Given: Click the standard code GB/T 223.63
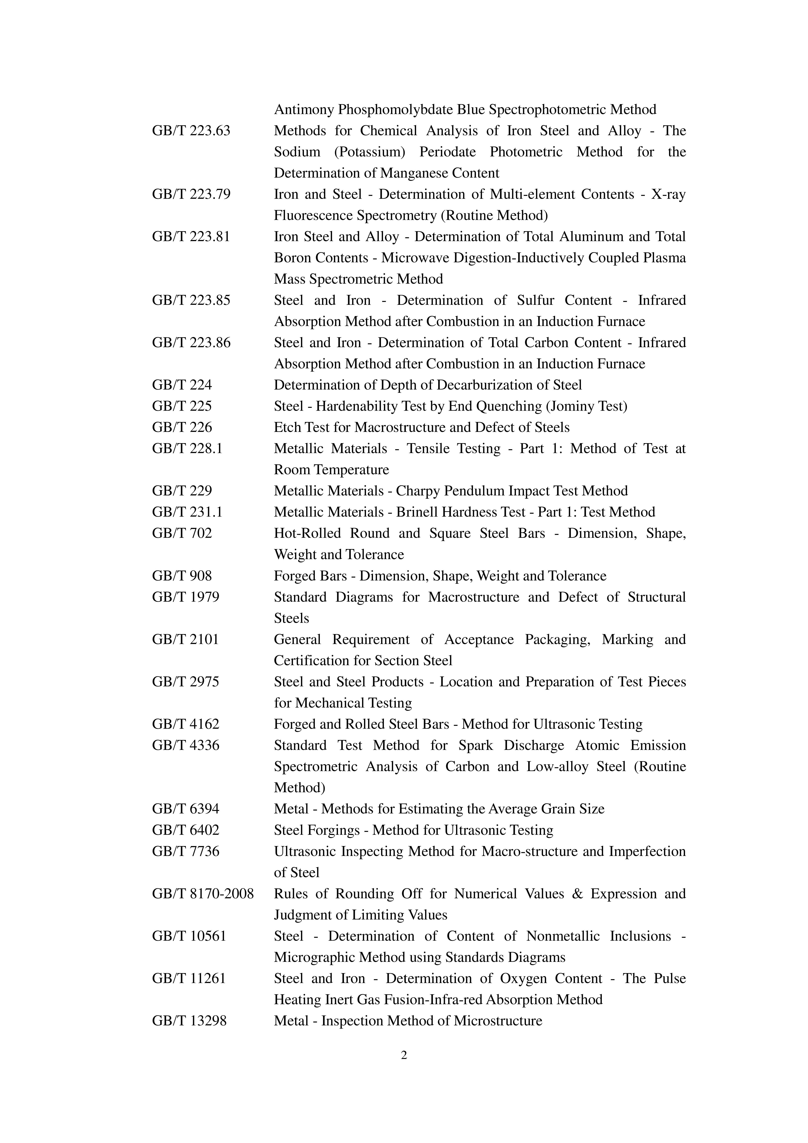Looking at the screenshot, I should point(191,131).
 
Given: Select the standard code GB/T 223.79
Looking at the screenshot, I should point(191,194).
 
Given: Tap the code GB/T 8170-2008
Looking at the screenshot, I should point(203,894).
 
